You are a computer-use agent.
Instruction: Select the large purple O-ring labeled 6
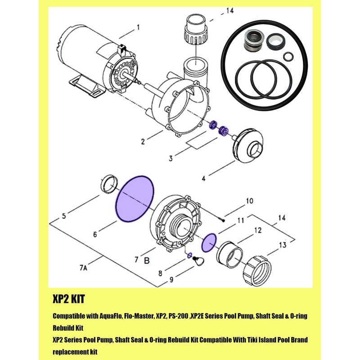pos(135,198)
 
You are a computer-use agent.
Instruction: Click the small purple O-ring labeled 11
pos(208,243)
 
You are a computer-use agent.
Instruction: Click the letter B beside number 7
pos(146,260)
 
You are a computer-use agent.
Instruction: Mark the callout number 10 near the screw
pos(249,201)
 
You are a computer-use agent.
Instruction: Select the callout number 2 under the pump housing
pos(142,142)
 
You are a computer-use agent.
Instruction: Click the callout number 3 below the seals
pos(171,158)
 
